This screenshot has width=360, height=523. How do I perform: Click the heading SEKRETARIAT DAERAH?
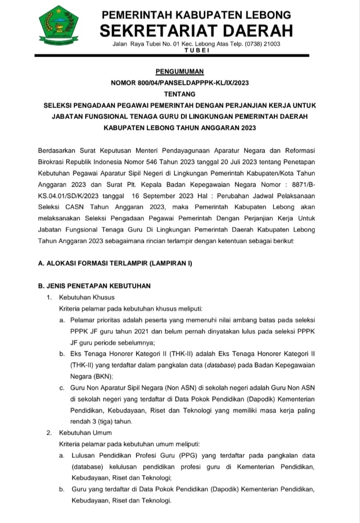click(x=196, y=30)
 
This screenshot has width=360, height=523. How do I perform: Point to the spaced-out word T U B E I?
click(x=197, y=50)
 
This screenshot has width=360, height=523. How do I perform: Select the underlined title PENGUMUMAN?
click(x=180, y=72)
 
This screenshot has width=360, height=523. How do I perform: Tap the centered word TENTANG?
click(x=180, y=94)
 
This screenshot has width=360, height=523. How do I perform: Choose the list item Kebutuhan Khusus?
click(x=87, y=297)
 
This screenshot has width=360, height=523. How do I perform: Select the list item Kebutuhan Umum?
click(x=86, y=432)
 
